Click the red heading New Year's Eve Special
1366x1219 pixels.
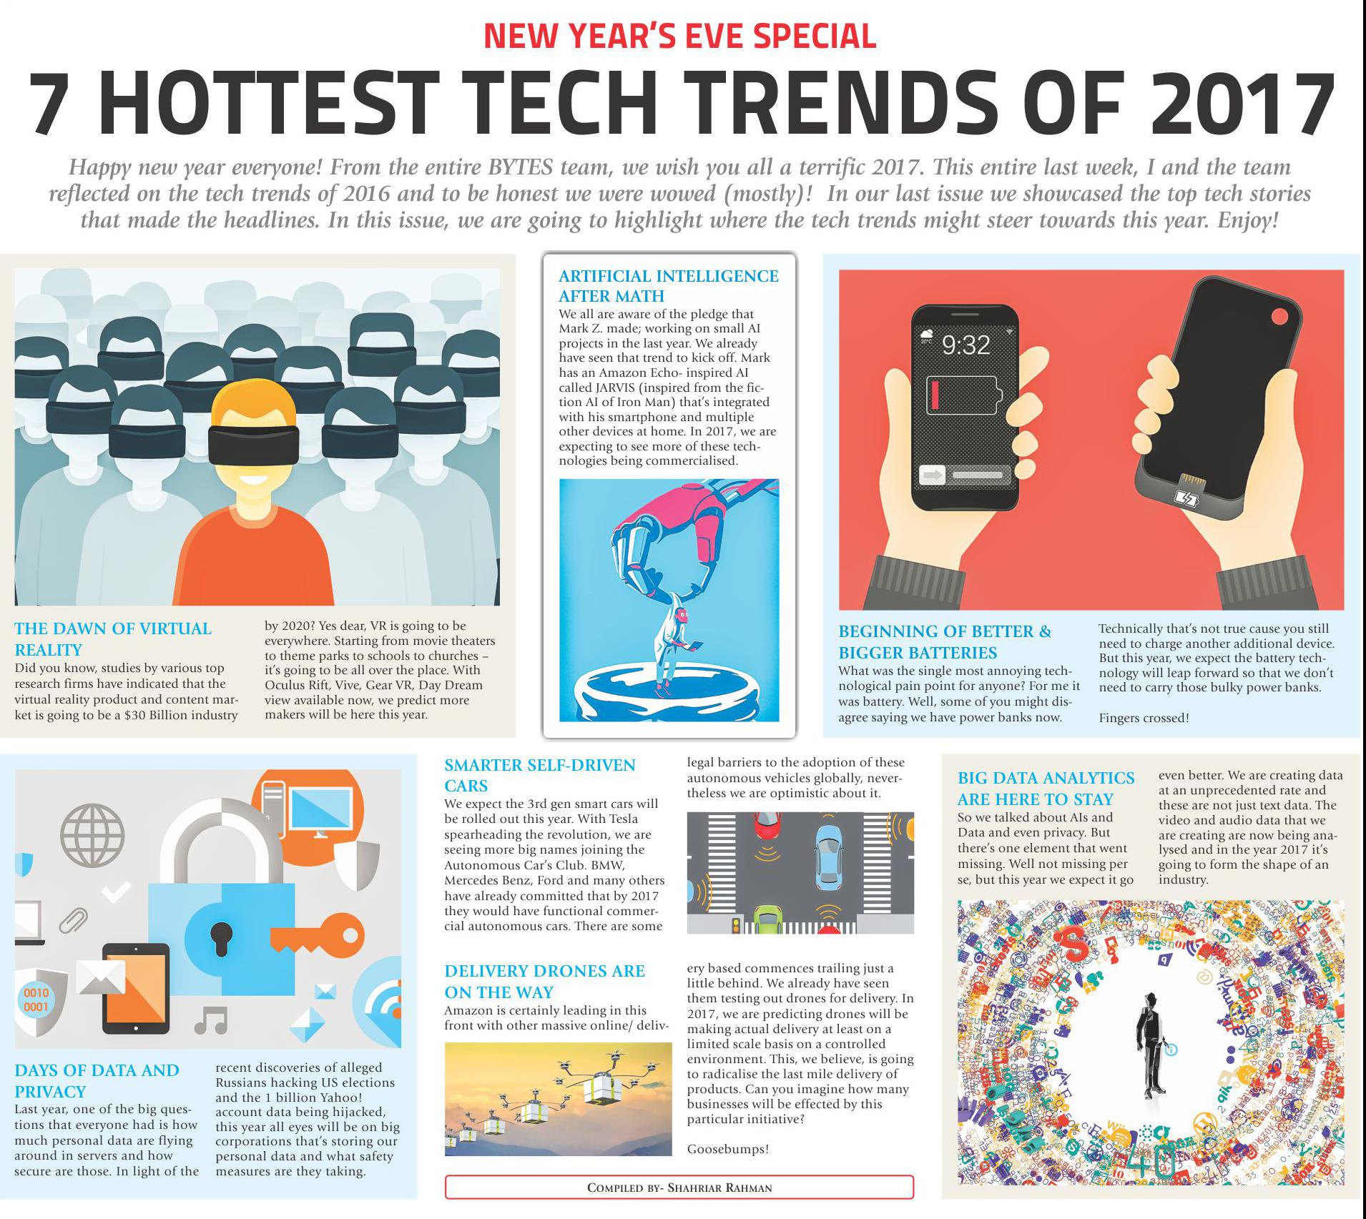click(x=679, y=36)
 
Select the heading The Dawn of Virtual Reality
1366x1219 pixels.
click(x=113, y=638)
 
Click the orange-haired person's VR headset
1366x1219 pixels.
click(x=253, y=445)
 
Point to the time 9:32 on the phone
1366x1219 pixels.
click(x=965, y=345)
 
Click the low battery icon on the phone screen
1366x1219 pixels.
click(x=961, y=395)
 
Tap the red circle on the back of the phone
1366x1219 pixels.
click(x=1279, y=317)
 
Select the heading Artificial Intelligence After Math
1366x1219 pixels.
click(x=668, y=285)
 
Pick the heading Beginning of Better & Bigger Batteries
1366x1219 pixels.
click(x=944, y=641)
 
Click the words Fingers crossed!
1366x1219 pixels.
click(x=1144, y=718)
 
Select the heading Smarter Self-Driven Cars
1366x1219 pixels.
click(x=539, y=775)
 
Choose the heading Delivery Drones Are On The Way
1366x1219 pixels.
click(x=544, y=981)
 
